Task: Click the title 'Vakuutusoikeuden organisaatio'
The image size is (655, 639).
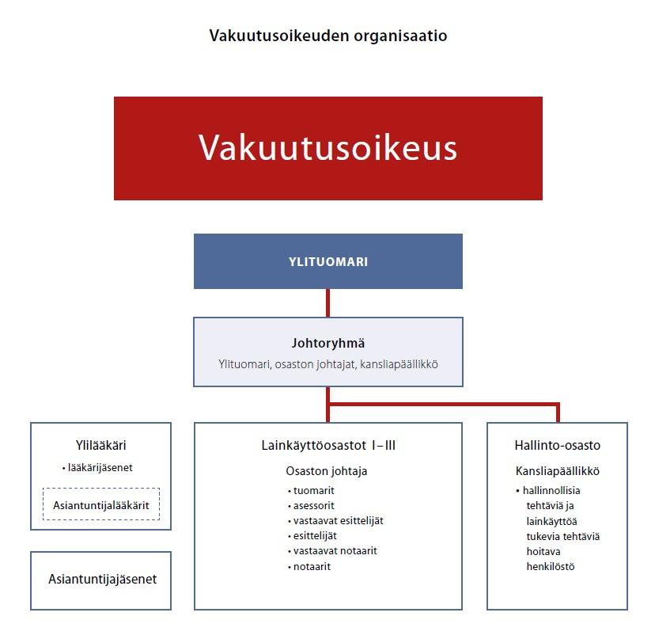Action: pyautogui.click(x=328, y=36)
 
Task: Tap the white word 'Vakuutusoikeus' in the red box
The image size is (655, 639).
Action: pyautogui.click(x=328, y=147)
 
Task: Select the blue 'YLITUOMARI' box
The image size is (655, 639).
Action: pyautogui.click(x=328, y=261)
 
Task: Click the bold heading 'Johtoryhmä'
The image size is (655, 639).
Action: pyautogui.click(x=328, y=344)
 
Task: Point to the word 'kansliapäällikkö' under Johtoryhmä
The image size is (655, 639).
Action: pyautogui.click(x=399, y=364)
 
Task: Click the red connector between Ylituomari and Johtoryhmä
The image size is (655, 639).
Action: pyautogui.click(x=328, y=303)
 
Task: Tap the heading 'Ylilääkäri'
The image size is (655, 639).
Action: pyautogui.click(x=100, y=445)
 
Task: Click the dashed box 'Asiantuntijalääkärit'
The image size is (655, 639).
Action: pyautogui.click(x=101, y=504)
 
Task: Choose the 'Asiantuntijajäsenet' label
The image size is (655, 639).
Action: pyautogui.click(x=102, y=579)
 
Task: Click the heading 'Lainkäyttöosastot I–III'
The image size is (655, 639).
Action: pyautogui.click(x=328, y=445)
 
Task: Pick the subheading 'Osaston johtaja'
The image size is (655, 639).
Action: pyautogui.click(x=327, y=471)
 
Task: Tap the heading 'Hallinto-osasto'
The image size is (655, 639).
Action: pyautogui.click(x=557, y=445)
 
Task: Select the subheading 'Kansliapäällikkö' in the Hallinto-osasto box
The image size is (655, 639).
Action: pyautogui.click(x=557, y=471)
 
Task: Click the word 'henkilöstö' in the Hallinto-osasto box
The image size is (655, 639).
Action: pyautogui.click(x=550, y=567)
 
